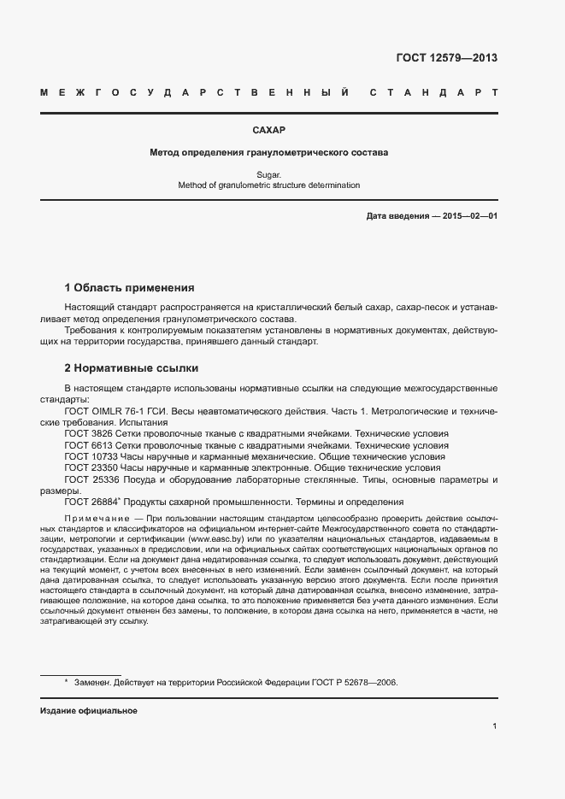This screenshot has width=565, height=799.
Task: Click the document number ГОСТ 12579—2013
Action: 446,58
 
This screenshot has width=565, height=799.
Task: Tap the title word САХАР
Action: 268,131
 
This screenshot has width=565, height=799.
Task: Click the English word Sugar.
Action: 268,173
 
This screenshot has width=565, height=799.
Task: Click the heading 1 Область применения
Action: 130,287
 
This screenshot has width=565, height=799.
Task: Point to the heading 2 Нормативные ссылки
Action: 132,368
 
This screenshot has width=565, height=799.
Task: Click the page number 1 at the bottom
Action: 495,726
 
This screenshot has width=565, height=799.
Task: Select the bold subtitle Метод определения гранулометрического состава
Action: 268,153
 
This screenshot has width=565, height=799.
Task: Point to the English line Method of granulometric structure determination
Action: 268,185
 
